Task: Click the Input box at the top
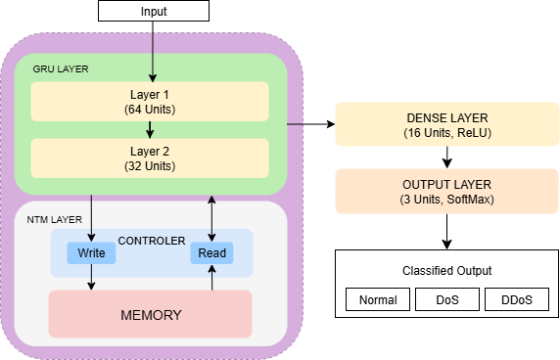[154, 11]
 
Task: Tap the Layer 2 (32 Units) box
[150, 158]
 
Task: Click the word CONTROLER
[152, 240]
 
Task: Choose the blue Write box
[91, 253]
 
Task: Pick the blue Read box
[211, 253]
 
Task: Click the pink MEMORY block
[150, 314]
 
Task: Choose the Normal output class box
[378, 299]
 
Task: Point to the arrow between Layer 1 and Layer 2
[150, 128]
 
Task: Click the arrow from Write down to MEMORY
[91, 277]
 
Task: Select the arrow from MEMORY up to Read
[211, 278]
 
